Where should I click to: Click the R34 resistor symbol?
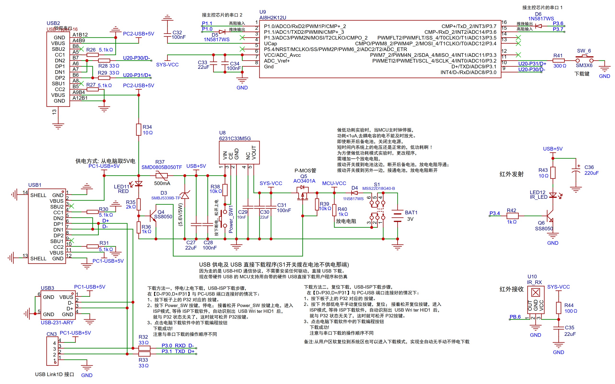(138, 129)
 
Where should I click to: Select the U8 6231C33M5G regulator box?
(239, 152)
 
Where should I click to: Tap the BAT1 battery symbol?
(397, 216)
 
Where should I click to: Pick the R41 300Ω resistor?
(558, 61)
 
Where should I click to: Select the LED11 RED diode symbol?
(138, 184)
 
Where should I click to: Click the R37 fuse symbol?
(162, 175)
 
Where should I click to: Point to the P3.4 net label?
(494, 213)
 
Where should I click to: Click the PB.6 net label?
(515, 317)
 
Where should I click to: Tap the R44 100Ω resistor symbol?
(558, 308)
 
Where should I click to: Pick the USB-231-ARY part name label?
(57, 323)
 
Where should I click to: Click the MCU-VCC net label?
(334, 183)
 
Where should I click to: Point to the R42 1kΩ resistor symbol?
(512, 216)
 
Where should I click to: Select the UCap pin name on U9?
(270, 43)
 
